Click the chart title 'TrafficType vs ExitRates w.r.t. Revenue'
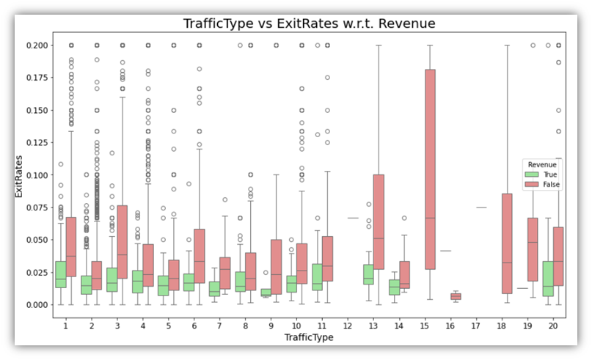308,23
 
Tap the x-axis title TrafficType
308,338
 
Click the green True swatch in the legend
531,175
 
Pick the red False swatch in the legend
531,185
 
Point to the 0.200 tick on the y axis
36,45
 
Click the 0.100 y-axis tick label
36,175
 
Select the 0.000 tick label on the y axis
36,304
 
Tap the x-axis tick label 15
430,325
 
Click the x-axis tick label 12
353,325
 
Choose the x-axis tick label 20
552,325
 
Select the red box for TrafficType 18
507,243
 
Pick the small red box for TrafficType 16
456,296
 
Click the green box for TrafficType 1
59,274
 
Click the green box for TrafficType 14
394,287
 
